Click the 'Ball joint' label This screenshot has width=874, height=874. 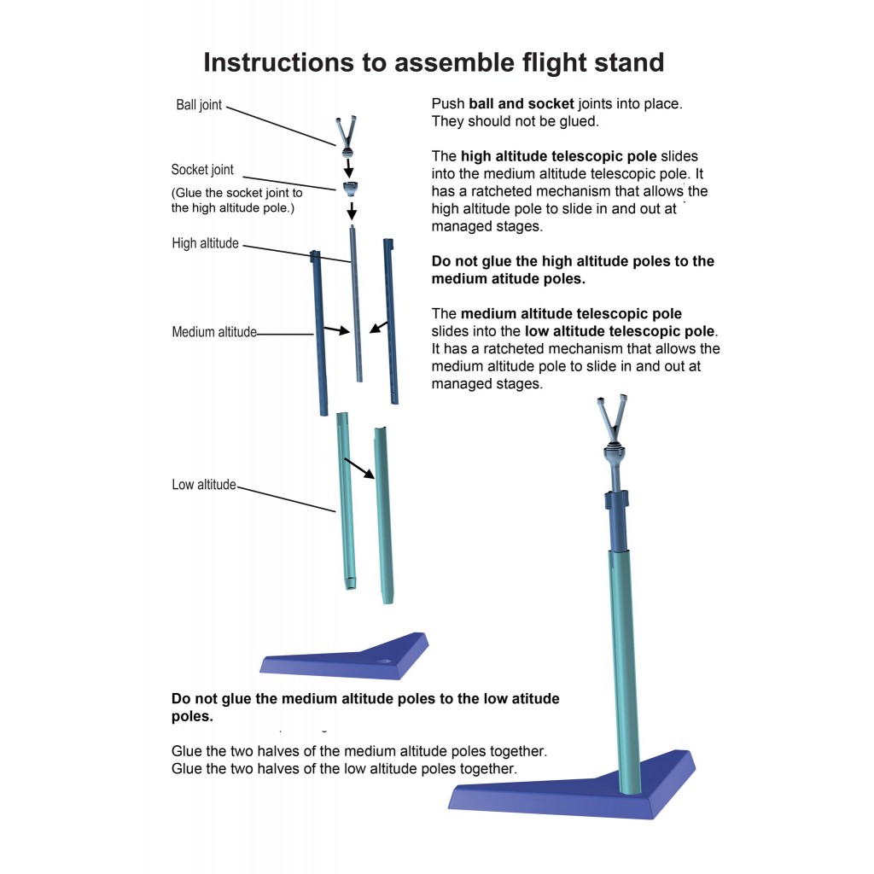point(198,105)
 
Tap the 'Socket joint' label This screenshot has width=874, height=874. point(201,170)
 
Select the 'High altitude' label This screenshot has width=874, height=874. point(205,243)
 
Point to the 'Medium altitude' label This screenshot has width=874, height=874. point(214,332)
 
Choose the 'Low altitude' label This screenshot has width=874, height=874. point(204,485)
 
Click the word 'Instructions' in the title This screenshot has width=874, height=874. point(279,62)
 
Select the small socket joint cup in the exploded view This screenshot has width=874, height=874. point(350,189)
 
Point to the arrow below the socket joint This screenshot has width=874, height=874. point(351,211)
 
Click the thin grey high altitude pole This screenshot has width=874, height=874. point(356,304)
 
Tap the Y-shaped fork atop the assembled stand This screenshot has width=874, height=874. point(612,418)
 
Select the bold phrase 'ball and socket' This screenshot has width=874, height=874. point(521,103)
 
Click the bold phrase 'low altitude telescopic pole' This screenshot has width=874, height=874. point(620,331)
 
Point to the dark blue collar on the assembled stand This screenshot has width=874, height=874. point(616,500)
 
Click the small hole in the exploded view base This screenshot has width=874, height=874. point(385,661)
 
